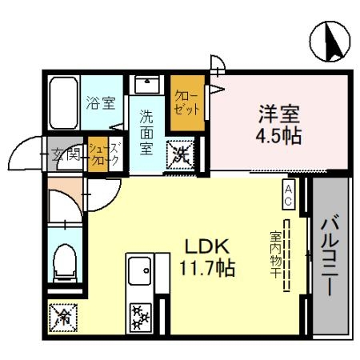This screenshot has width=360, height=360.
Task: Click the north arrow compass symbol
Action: click(330, 42)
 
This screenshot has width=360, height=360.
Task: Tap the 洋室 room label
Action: click(279, 114)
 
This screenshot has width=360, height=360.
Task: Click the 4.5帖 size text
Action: click(278, 135)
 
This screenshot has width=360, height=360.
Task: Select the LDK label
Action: click(207, 246)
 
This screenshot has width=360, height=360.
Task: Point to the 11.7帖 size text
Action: click(207, 268)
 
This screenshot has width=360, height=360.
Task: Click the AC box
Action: click(289, 194)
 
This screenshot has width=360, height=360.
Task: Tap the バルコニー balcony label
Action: click(330, 254)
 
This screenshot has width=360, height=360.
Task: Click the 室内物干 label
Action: click(276, 255)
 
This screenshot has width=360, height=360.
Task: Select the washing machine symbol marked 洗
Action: click(180, 155)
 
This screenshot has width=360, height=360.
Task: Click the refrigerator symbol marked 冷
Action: click(63, 318)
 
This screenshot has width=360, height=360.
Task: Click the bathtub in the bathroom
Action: click(64, 103)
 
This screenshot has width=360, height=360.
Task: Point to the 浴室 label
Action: click(101, 103)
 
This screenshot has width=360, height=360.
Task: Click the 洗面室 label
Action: click(146, 133)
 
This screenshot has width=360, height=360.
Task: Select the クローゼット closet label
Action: click(186, 103)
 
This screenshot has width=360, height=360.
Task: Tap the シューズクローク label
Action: click(104, 154)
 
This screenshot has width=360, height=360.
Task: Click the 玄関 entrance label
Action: click(66, 154)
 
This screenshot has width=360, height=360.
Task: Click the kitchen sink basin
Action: click(139, 271)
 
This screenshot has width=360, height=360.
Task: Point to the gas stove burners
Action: click(141, 318)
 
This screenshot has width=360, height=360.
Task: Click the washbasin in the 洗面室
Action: click(147, 85)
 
